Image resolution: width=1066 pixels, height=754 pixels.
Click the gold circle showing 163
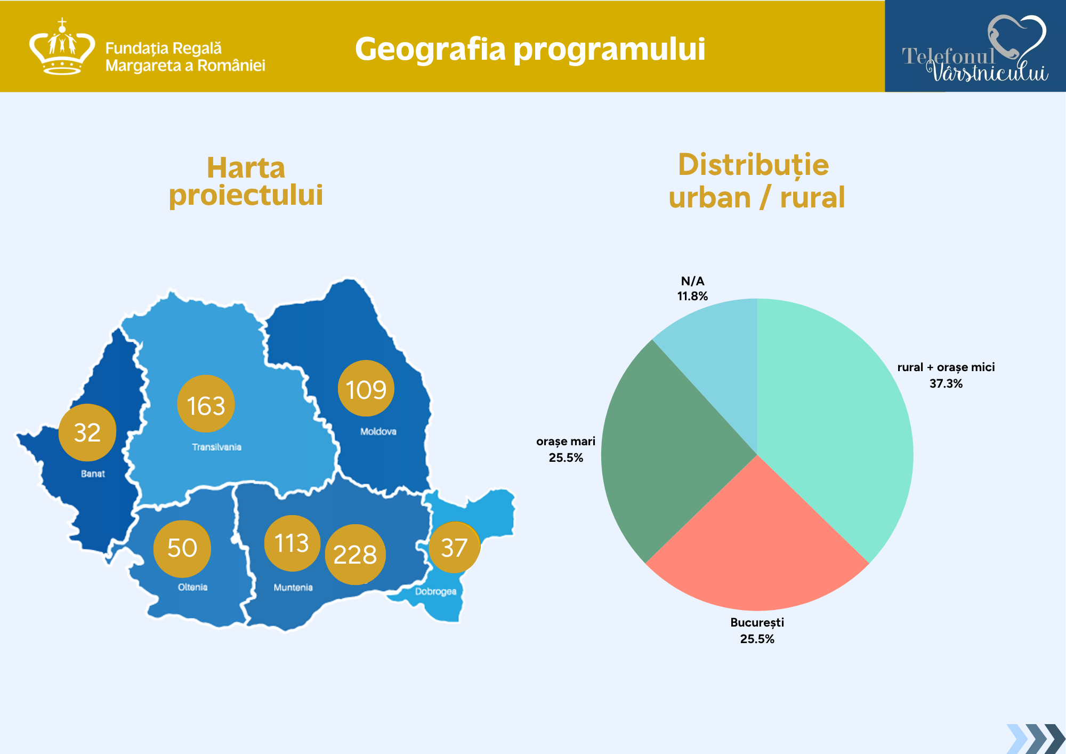[x=206, y=404]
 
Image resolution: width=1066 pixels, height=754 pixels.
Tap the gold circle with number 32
[x=87, y=432]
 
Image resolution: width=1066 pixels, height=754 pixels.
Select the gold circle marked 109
[x=366, y=388]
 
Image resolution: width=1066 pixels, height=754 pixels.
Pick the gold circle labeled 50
[x=182, y=549]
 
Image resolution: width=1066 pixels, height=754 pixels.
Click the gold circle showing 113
[x=292, y=543]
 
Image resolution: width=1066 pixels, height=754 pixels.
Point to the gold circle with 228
[x=355, y=555]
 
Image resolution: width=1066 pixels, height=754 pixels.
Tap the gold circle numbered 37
[x=454, y=548]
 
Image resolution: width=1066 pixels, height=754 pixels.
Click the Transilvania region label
[x=217, y=447]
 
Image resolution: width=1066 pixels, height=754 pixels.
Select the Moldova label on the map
[x=378, y=431]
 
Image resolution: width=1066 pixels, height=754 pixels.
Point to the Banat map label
[x=93, y=474]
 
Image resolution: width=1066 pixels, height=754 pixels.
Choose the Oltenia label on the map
[x=192, y=587]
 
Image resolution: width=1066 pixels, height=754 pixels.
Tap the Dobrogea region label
[x=436, y=591]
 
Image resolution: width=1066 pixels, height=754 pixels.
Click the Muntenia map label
[x=293, y=588]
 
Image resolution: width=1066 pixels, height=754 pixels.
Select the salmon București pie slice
[x=757, y=549]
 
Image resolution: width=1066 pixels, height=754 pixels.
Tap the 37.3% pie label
[x=946, y=383]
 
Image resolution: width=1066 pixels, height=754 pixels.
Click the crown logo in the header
[x=62, y=47]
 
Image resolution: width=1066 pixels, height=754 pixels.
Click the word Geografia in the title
[x=430, y=50]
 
